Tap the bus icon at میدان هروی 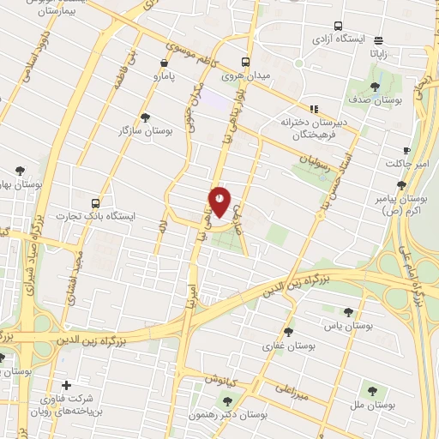(x=246, y=63)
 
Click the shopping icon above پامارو (x=164, y=63)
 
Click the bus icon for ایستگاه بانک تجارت (x=95, y=203)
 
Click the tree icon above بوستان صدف (x=375, y=87)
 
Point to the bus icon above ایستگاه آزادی (x=339, y=27)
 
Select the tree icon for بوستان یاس (x=347, y=312)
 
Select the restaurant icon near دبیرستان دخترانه (x=314, y=109)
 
